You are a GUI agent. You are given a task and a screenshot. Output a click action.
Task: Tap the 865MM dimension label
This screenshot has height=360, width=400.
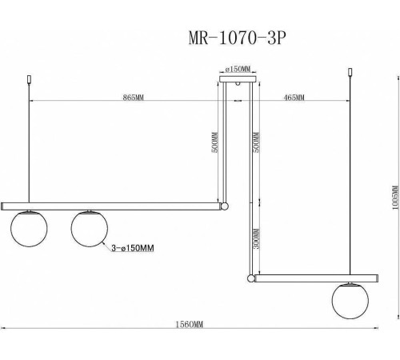click(134, 98)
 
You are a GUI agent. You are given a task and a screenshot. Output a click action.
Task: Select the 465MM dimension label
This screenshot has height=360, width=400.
click(294, 98)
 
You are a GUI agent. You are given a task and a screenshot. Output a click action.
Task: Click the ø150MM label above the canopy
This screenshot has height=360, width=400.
click(238, 69)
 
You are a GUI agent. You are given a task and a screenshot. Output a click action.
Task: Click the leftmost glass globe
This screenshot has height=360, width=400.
click(28, 229)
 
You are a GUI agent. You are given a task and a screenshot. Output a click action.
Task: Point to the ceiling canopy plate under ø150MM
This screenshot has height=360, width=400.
click(238, 78)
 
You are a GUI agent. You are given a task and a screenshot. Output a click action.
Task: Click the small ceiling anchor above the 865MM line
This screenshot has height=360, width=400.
click(30, 80)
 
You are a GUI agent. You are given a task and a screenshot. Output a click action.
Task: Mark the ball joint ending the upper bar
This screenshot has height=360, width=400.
click(226, 206)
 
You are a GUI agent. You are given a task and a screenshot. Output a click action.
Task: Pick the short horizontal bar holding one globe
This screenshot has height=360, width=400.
click(315, 278)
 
